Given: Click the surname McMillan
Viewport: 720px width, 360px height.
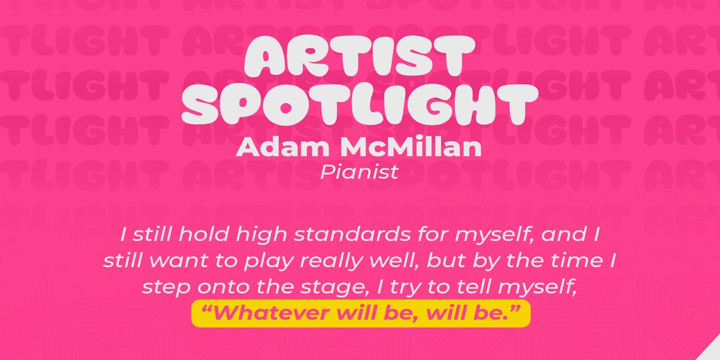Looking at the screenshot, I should point(410,147).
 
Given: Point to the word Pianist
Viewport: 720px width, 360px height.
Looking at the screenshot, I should point(359,172).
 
